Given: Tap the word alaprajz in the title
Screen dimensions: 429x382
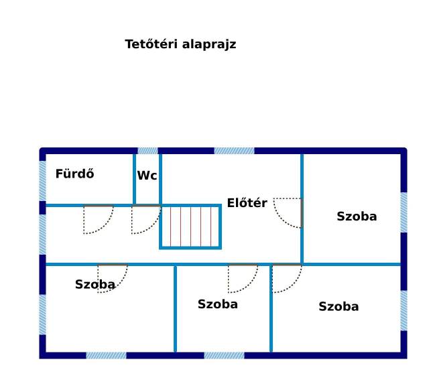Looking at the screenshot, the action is click(x=209, y=45).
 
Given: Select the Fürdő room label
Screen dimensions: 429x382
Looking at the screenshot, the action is click(x=74, y=174).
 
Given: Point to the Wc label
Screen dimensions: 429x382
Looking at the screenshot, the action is click(x=147, y=176).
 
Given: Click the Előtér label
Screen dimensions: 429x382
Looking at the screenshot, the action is click(x=247, y=203).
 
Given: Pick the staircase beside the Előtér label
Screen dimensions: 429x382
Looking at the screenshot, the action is click(x=190, y=227).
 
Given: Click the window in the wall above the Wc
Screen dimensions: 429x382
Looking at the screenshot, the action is click(x=147, y=151).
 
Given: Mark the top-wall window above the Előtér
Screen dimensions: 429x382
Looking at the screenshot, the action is click(x=234, y=151).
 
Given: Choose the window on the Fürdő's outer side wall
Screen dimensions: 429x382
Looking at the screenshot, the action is click(x=43, y=181).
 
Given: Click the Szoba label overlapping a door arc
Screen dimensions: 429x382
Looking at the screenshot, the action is click(x=95, y=284).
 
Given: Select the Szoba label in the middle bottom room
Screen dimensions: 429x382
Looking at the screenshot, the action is click(x=217, y=304).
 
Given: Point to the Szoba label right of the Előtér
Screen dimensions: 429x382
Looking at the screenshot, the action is click(x=357, y=216).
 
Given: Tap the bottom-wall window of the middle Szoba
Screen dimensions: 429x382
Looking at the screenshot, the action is click(x=224, y=355).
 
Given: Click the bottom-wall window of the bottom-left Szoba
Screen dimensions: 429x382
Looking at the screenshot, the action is click(x=106, y=355).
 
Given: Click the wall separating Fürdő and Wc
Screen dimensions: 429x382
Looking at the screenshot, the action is click(x=134, y=179).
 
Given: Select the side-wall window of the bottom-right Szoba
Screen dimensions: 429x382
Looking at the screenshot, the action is click(x=404, y=310).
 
